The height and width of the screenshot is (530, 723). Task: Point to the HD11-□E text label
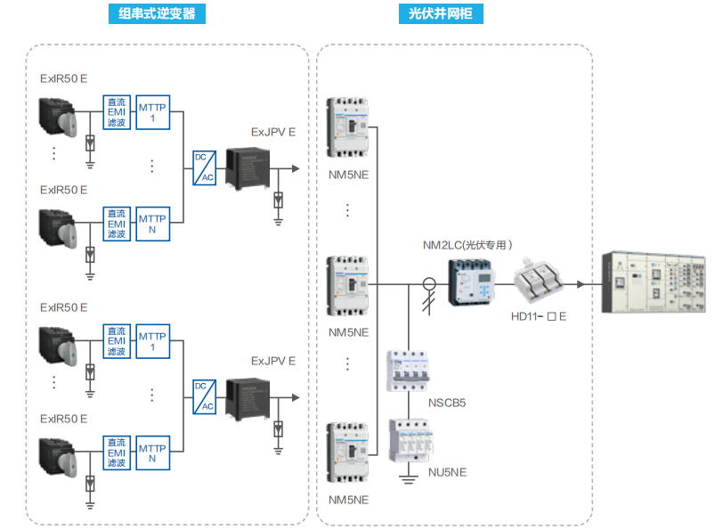[x=539, y=316]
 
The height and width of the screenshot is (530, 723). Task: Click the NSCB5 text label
[x=448, y=403]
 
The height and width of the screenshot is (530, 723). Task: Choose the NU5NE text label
[x=448, y=472]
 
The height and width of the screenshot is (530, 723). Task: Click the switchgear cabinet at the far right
[x=655, y=282]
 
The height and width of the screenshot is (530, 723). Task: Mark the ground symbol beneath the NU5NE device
[x=409, y=481]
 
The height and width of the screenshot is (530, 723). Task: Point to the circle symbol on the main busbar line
[x=429, y=285]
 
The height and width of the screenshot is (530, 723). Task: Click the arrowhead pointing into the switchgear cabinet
[x=581, y=285]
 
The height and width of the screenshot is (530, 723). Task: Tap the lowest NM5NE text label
[x=348, y=500]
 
